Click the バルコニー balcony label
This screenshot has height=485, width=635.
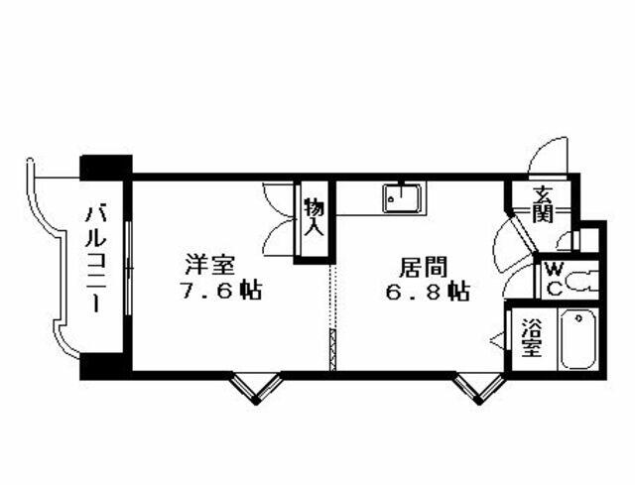(95, 260)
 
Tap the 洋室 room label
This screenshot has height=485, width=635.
(210, 266)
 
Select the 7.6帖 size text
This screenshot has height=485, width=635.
(221, 290)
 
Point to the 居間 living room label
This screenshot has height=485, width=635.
(424, 267)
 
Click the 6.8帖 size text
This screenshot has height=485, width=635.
(428, 291)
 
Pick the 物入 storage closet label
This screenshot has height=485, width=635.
(315, 216)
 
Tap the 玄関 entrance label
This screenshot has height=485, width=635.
(543, 205)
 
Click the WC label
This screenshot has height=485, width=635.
(554, 279)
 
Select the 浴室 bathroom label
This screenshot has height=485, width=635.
(532, 338)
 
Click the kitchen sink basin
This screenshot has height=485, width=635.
(403, 198)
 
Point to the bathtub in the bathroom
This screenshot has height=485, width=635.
(577, 338)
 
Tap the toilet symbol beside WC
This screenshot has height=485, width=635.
(579, 281)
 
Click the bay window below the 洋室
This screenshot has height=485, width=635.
(256, 388)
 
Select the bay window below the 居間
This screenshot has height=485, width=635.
(479, 388)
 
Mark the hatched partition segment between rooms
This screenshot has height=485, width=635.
(333, 350)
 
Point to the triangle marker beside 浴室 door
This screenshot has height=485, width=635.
(497, 339)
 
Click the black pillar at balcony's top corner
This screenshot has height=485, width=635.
(106, 168)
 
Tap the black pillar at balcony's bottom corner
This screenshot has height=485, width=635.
(106, 366)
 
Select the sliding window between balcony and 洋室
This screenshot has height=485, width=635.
(128, 268)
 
